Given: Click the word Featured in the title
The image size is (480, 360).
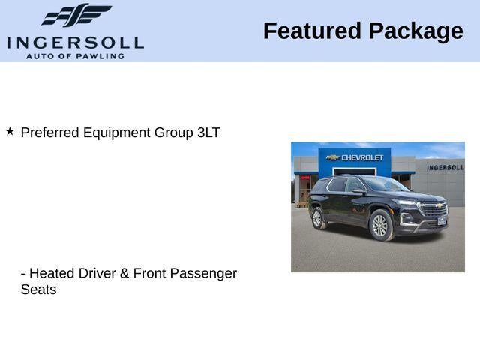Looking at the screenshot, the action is tap(312, 31).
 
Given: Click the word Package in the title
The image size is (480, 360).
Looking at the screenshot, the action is tap(416, 32).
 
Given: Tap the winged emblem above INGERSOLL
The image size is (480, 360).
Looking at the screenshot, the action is tap(76, 15).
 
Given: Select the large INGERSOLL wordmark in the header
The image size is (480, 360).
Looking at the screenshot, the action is tap(75, 43).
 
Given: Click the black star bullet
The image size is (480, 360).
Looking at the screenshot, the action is tap(10, 132).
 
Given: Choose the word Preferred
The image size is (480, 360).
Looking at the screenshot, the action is tap(50, 133).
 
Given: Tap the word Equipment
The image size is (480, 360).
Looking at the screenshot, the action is tap(117, 133).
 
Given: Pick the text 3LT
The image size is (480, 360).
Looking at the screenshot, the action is tap(208, 133).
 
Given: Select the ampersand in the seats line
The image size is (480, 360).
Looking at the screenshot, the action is tap(124, 273).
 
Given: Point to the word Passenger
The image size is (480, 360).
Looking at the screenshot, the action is tap(203, 274).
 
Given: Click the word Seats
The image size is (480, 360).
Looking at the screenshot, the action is tap(38, 289).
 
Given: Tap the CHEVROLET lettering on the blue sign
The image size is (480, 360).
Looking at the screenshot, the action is tap(362, 157).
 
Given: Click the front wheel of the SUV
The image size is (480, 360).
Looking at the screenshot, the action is tap(381, 226).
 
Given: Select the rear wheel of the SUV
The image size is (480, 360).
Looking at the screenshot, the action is tap(317, 218).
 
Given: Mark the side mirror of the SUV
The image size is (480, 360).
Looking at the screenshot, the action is tap(358, 192).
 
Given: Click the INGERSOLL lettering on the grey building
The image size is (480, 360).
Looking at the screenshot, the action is tap(445, 167).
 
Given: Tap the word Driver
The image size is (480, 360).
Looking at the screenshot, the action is tap(97, 273).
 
